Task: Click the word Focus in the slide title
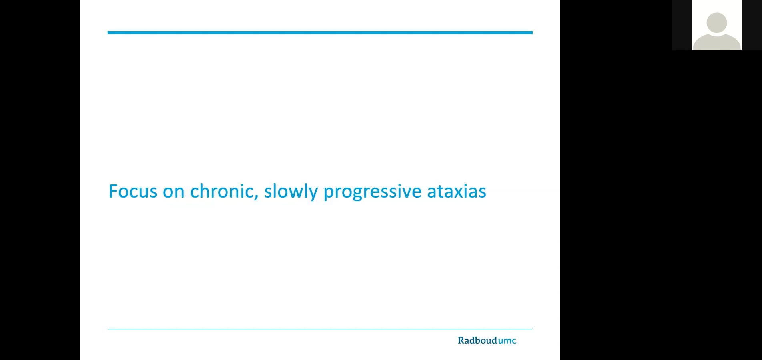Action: (x=133, y=191)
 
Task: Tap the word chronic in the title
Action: (x=222, y=191)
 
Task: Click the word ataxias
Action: (x=457, y=192)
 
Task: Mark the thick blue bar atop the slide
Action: (x=320, y=32)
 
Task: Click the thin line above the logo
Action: (x=320, y=329)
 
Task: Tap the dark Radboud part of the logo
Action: (x=477, y=340)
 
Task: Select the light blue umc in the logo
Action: (x=507, y=341)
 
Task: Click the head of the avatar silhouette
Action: (x=717, y=22)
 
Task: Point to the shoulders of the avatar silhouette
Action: (x=717, y=42)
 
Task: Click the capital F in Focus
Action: (x=113, y=191)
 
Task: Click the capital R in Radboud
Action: (x=461, y=340)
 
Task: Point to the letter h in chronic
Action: (x=205, y=191)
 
